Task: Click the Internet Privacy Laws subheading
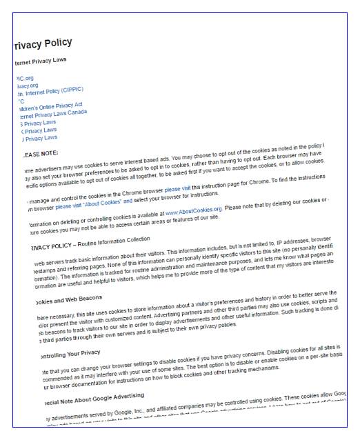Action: [x=41, y=61]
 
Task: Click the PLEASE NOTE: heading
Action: [x=41, y=154]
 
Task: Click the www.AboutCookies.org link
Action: [x=194, y=209]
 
